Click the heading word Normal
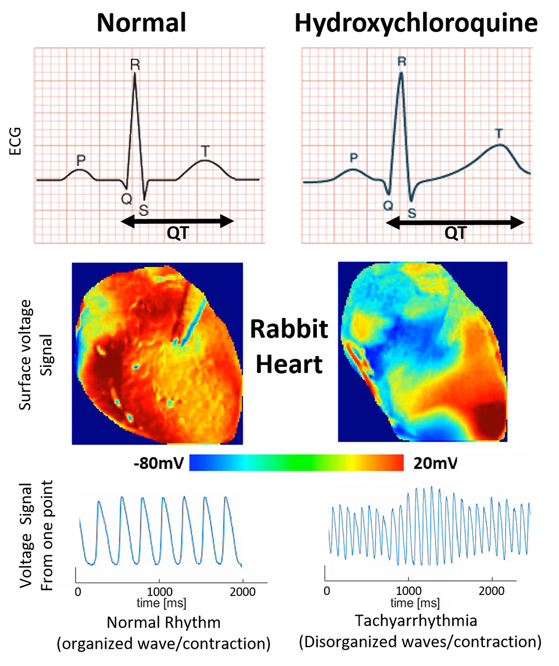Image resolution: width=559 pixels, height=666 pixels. (x=141, y=23)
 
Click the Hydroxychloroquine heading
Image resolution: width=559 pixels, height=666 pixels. (x=416, y=23)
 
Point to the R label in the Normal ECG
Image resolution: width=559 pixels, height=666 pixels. (x=135, y=64)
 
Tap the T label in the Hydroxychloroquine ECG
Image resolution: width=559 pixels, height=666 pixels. (x=499, y=134)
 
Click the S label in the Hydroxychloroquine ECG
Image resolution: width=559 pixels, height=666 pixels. (x=413, y=212)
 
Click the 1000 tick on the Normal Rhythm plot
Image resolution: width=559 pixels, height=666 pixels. (x=160, y=592)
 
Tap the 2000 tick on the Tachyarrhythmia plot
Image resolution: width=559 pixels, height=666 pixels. (x=491, y=591)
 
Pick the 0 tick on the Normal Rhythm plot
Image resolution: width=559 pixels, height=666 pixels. (x=78, y=592)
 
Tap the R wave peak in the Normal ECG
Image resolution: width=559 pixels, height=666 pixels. (x=135, y=75)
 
